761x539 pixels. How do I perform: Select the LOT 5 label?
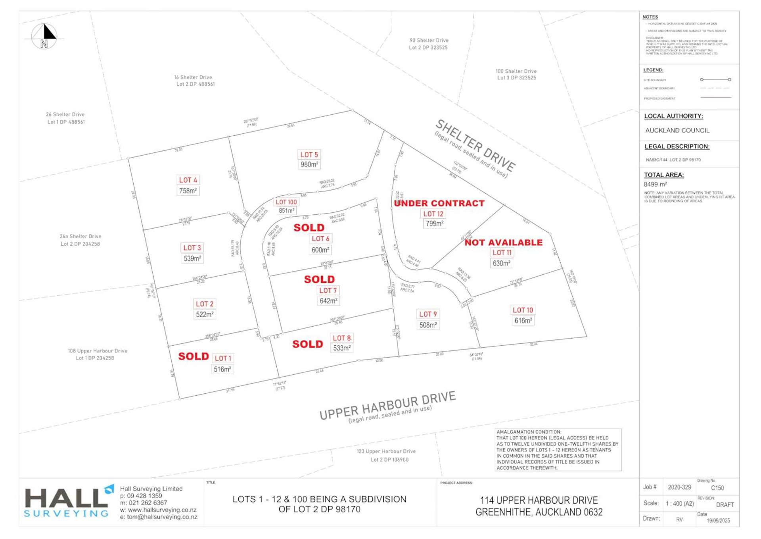(x=309, y=155)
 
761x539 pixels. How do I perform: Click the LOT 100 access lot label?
(x=286, y=202)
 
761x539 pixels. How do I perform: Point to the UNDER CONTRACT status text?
(x=439, y=204)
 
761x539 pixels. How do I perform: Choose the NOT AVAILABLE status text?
(x=503, y=243)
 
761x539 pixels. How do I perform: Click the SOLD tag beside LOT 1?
(x=193, y=356)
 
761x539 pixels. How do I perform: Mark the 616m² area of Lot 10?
(x=523, y=321)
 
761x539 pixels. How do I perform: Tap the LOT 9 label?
(x=428, y=314)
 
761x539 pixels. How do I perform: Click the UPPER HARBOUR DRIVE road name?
(x=387, y=405)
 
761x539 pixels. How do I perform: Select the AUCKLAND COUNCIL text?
(x=677, y=131)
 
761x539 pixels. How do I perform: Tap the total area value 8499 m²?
(x=655, y=185)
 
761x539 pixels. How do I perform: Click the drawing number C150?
(x=717, y=488)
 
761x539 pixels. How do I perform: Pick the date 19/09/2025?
(x=718, y=521)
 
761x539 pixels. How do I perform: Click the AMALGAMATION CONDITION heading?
(x=529, y=432)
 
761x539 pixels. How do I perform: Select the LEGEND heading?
(x=653, y=70)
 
